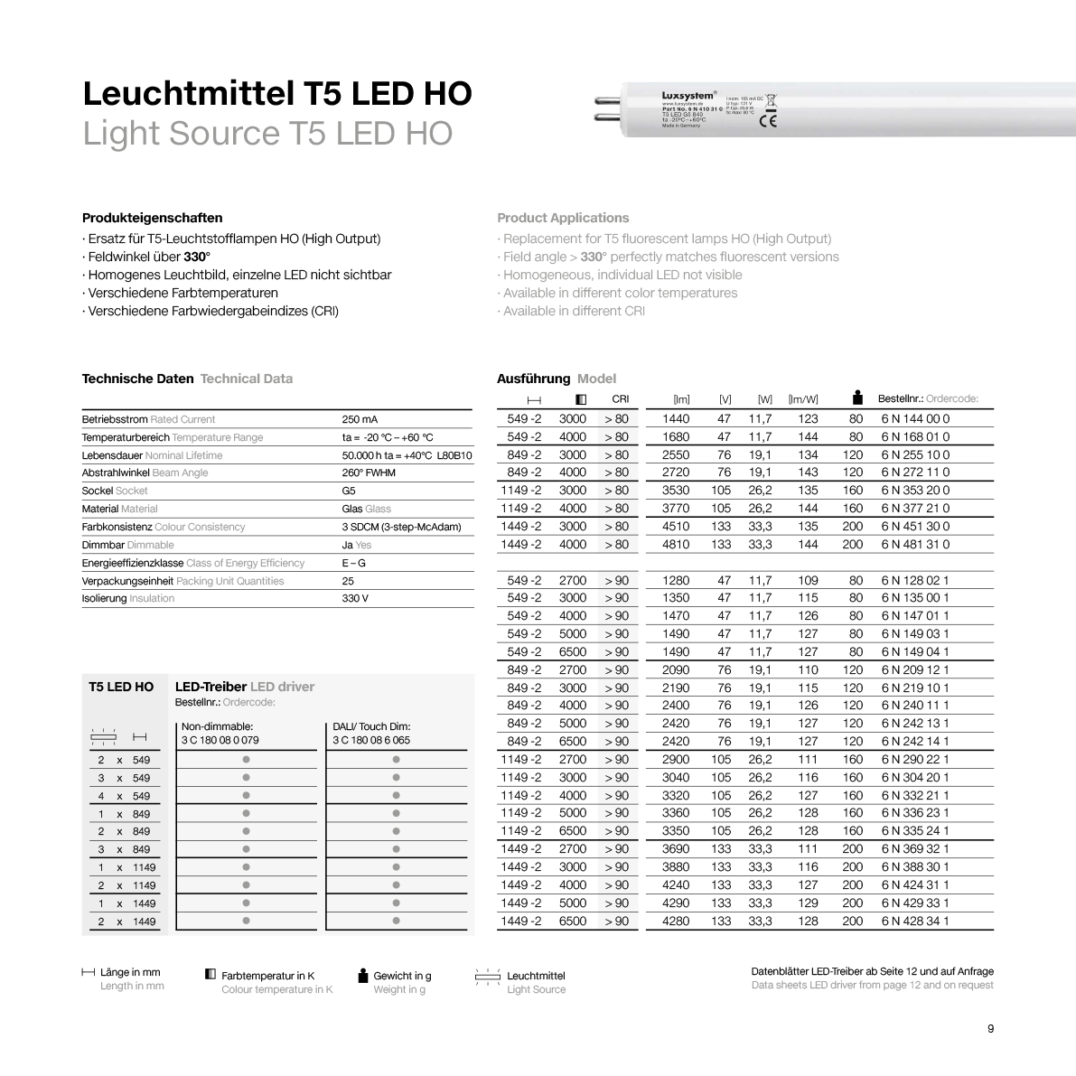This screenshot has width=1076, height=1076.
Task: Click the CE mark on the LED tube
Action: [x=768, y=121]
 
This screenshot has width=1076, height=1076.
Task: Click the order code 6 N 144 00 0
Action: [x=914, y=419]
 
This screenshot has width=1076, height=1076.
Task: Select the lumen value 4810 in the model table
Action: [x=675, y=545]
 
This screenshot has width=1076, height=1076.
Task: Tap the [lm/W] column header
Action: [x=802, y=399]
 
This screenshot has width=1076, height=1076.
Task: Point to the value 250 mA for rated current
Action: [x=360, y=419]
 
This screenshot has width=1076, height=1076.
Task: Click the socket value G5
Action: [x=349, y=491]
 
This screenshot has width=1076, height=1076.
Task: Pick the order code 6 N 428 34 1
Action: [x=914, y=922]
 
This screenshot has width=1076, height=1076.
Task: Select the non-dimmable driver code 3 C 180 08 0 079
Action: [x=220, y=740]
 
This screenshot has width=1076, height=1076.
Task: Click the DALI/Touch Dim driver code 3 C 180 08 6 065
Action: [x=370, y=740]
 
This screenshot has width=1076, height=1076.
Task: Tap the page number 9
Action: [x=990, y=1029]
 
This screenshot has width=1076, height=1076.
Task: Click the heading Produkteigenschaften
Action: [x=152, y=218]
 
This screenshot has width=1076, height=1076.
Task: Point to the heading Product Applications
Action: [x=562, y=218]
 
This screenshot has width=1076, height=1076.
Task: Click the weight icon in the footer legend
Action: [x=363, y=975]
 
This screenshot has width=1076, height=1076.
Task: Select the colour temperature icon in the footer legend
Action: [x=211, y=975]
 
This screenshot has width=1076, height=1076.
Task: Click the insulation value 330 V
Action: [x=355, y=598]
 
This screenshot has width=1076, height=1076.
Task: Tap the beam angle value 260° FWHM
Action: [x=368, y=473]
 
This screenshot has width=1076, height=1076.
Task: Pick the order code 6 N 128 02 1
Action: [x=914, y=581]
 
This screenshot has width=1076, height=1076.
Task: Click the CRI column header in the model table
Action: [x=620, y=398]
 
